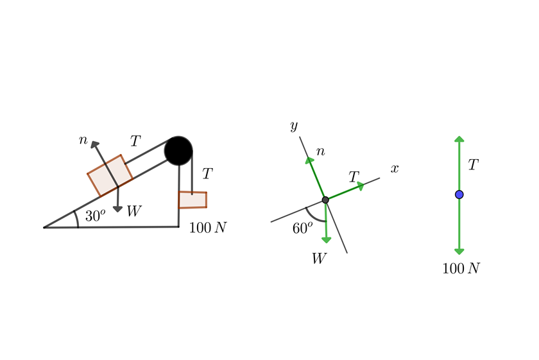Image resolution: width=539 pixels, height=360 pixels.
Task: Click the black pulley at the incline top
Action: click(x=178, y=151)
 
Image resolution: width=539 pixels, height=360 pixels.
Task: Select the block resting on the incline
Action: click(x=110, y=175)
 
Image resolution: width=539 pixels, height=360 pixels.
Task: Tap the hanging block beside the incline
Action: click(x=193, y=200)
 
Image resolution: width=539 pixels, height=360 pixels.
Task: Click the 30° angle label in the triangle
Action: click(x=95, y=216)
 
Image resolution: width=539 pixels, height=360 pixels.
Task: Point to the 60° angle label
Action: click(x=302, y=228)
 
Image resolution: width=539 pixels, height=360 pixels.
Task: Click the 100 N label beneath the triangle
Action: click(x=208, y=228)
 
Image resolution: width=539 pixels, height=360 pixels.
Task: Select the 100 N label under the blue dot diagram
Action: click(x=461, y=268)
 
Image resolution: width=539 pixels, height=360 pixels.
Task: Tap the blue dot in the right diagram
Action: click(x=459, y=194)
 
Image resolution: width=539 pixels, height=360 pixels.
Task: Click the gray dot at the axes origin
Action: click(x=325, y=200)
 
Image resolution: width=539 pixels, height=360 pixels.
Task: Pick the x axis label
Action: click(x=395, y=168)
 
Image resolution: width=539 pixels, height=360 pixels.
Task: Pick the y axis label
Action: click(x=294, y=125)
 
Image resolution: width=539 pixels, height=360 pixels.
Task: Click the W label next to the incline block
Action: click(x=133, y=210)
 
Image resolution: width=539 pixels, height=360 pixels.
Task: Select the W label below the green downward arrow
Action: click(x=319, y=258)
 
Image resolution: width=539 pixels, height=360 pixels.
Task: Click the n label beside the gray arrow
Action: click(x=83, y=139)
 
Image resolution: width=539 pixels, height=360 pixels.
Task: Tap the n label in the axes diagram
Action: click(x=320, y=152)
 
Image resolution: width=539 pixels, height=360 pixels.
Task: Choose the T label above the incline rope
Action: click(x=135, y=141)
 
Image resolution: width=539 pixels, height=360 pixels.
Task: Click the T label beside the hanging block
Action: click(x=207, y=173)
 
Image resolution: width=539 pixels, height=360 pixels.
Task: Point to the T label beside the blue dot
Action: click(x=473, y=165)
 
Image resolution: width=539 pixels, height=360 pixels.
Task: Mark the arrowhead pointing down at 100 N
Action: click(x=459, y=251)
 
